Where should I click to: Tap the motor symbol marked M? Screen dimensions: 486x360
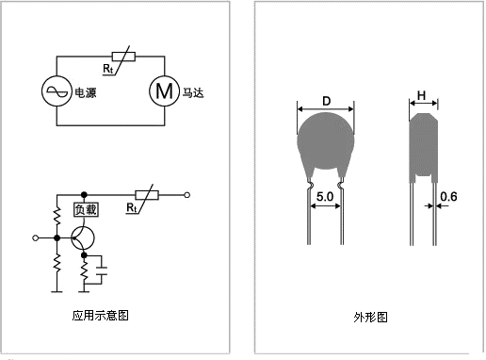(x=164, y=91)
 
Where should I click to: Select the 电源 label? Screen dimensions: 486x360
(x=86, y=92)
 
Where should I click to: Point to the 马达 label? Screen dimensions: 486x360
(x=193, y=92)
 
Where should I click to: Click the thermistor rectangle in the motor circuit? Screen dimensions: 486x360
(x=123, y=57)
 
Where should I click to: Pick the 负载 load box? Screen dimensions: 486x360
(x=86, y=209)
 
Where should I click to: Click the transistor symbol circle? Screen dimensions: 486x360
(x=83, y=238)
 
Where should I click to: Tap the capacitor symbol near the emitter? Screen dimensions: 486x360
(x=102, y=270)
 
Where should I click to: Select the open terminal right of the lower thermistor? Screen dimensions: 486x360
(x=187, y=195)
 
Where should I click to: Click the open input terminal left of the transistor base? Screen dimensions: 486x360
(x=36, y=238)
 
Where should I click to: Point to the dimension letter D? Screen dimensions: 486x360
(x=327, y=101)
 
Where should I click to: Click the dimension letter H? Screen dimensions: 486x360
(x=421, y=95)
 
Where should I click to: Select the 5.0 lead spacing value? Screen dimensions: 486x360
(x=325, y=197)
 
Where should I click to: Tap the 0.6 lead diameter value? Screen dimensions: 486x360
(x=448, y=197)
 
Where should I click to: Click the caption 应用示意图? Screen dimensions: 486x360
(x=101, y=315)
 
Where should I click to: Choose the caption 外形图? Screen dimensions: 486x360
(x=370, y=317)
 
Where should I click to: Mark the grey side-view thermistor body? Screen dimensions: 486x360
(x=424, y=148)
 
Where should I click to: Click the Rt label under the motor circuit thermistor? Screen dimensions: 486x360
(x=108, y=69)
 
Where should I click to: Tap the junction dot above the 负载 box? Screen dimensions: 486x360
(x=84, y=195)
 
